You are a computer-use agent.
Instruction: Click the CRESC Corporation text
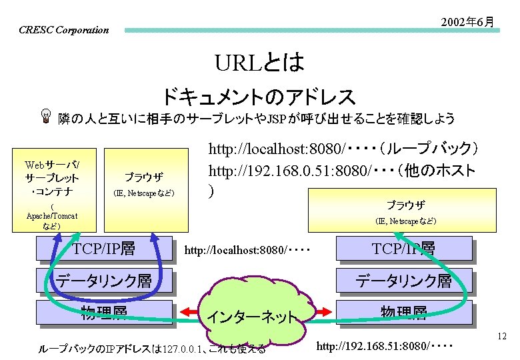(63, 30)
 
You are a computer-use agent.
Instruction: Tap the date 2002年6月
(467, 23)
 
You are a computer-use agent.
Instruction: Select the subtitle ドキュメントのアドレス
(259, 97)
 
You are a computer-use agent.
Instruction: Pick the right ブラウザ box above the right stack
(405, 211)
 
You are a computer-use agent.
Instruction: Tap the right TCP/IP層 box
(404, 249)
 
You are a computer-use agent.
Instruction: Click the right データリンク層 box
(404, 281)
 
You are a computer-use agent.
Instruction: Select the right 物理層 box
(404, 312)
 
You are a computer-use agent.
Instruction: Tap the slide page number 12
(503, 337)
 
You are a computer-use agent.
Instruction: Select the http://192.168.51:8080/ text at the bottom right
(384, 347)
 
